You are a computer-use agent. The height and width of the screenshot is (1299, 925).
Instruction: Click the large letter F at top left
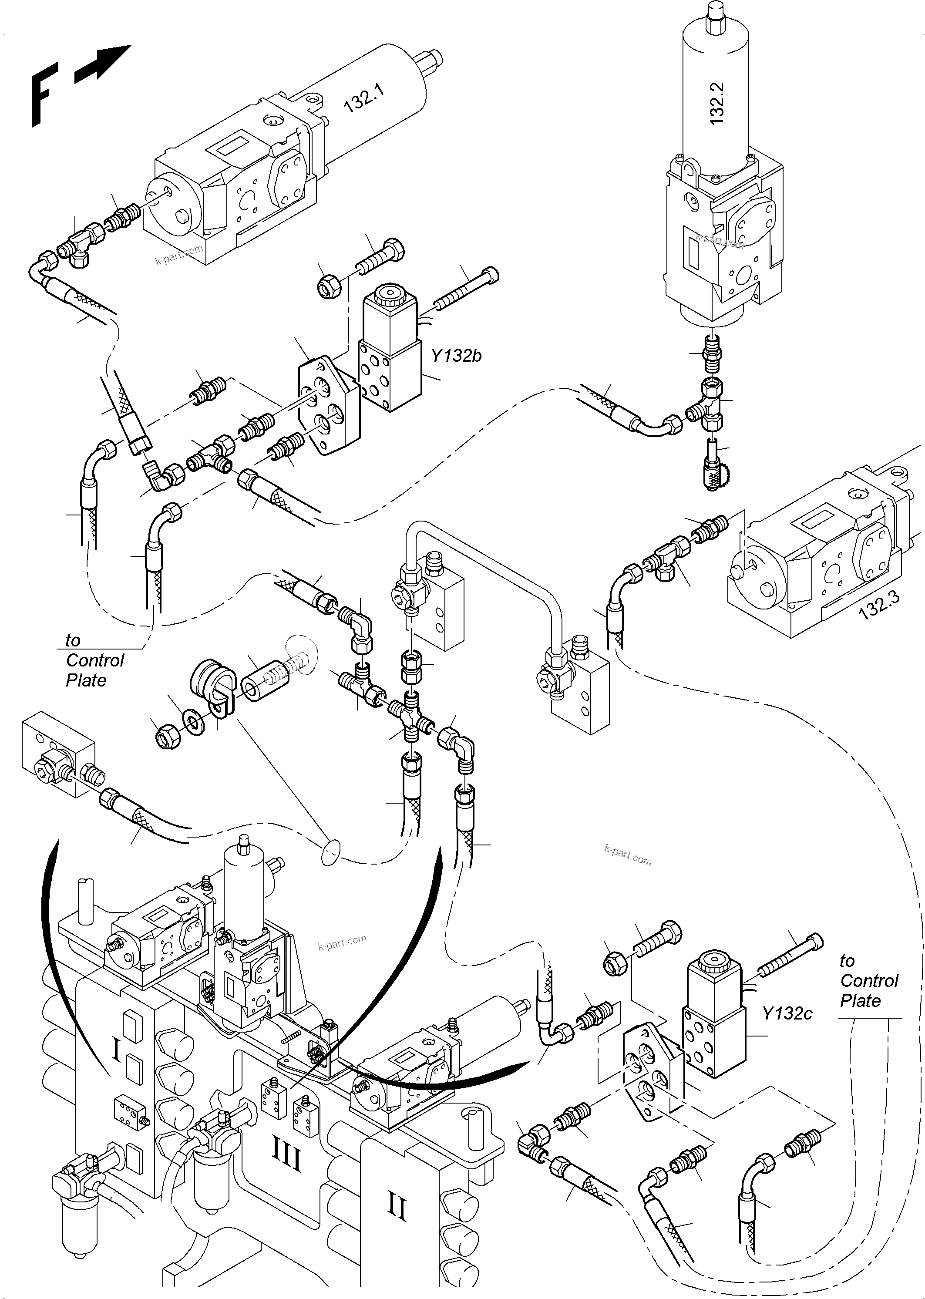[43, 94]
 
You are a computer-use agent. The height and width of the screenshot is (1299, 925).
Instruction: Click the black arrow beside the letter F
[103, 63]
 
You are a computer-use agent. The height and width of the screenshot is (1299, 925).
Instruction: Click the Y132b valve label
[456, 356]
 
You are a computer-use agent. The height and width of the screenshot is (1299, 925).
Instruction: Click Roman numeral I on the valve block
[116, 1049]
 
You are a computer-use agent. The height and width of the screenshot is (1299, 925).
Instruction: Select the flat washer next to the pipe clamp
[195, 723]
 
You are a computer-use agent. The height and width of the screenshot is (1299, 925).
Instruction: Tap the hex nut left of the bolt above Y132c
[616, 962]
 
